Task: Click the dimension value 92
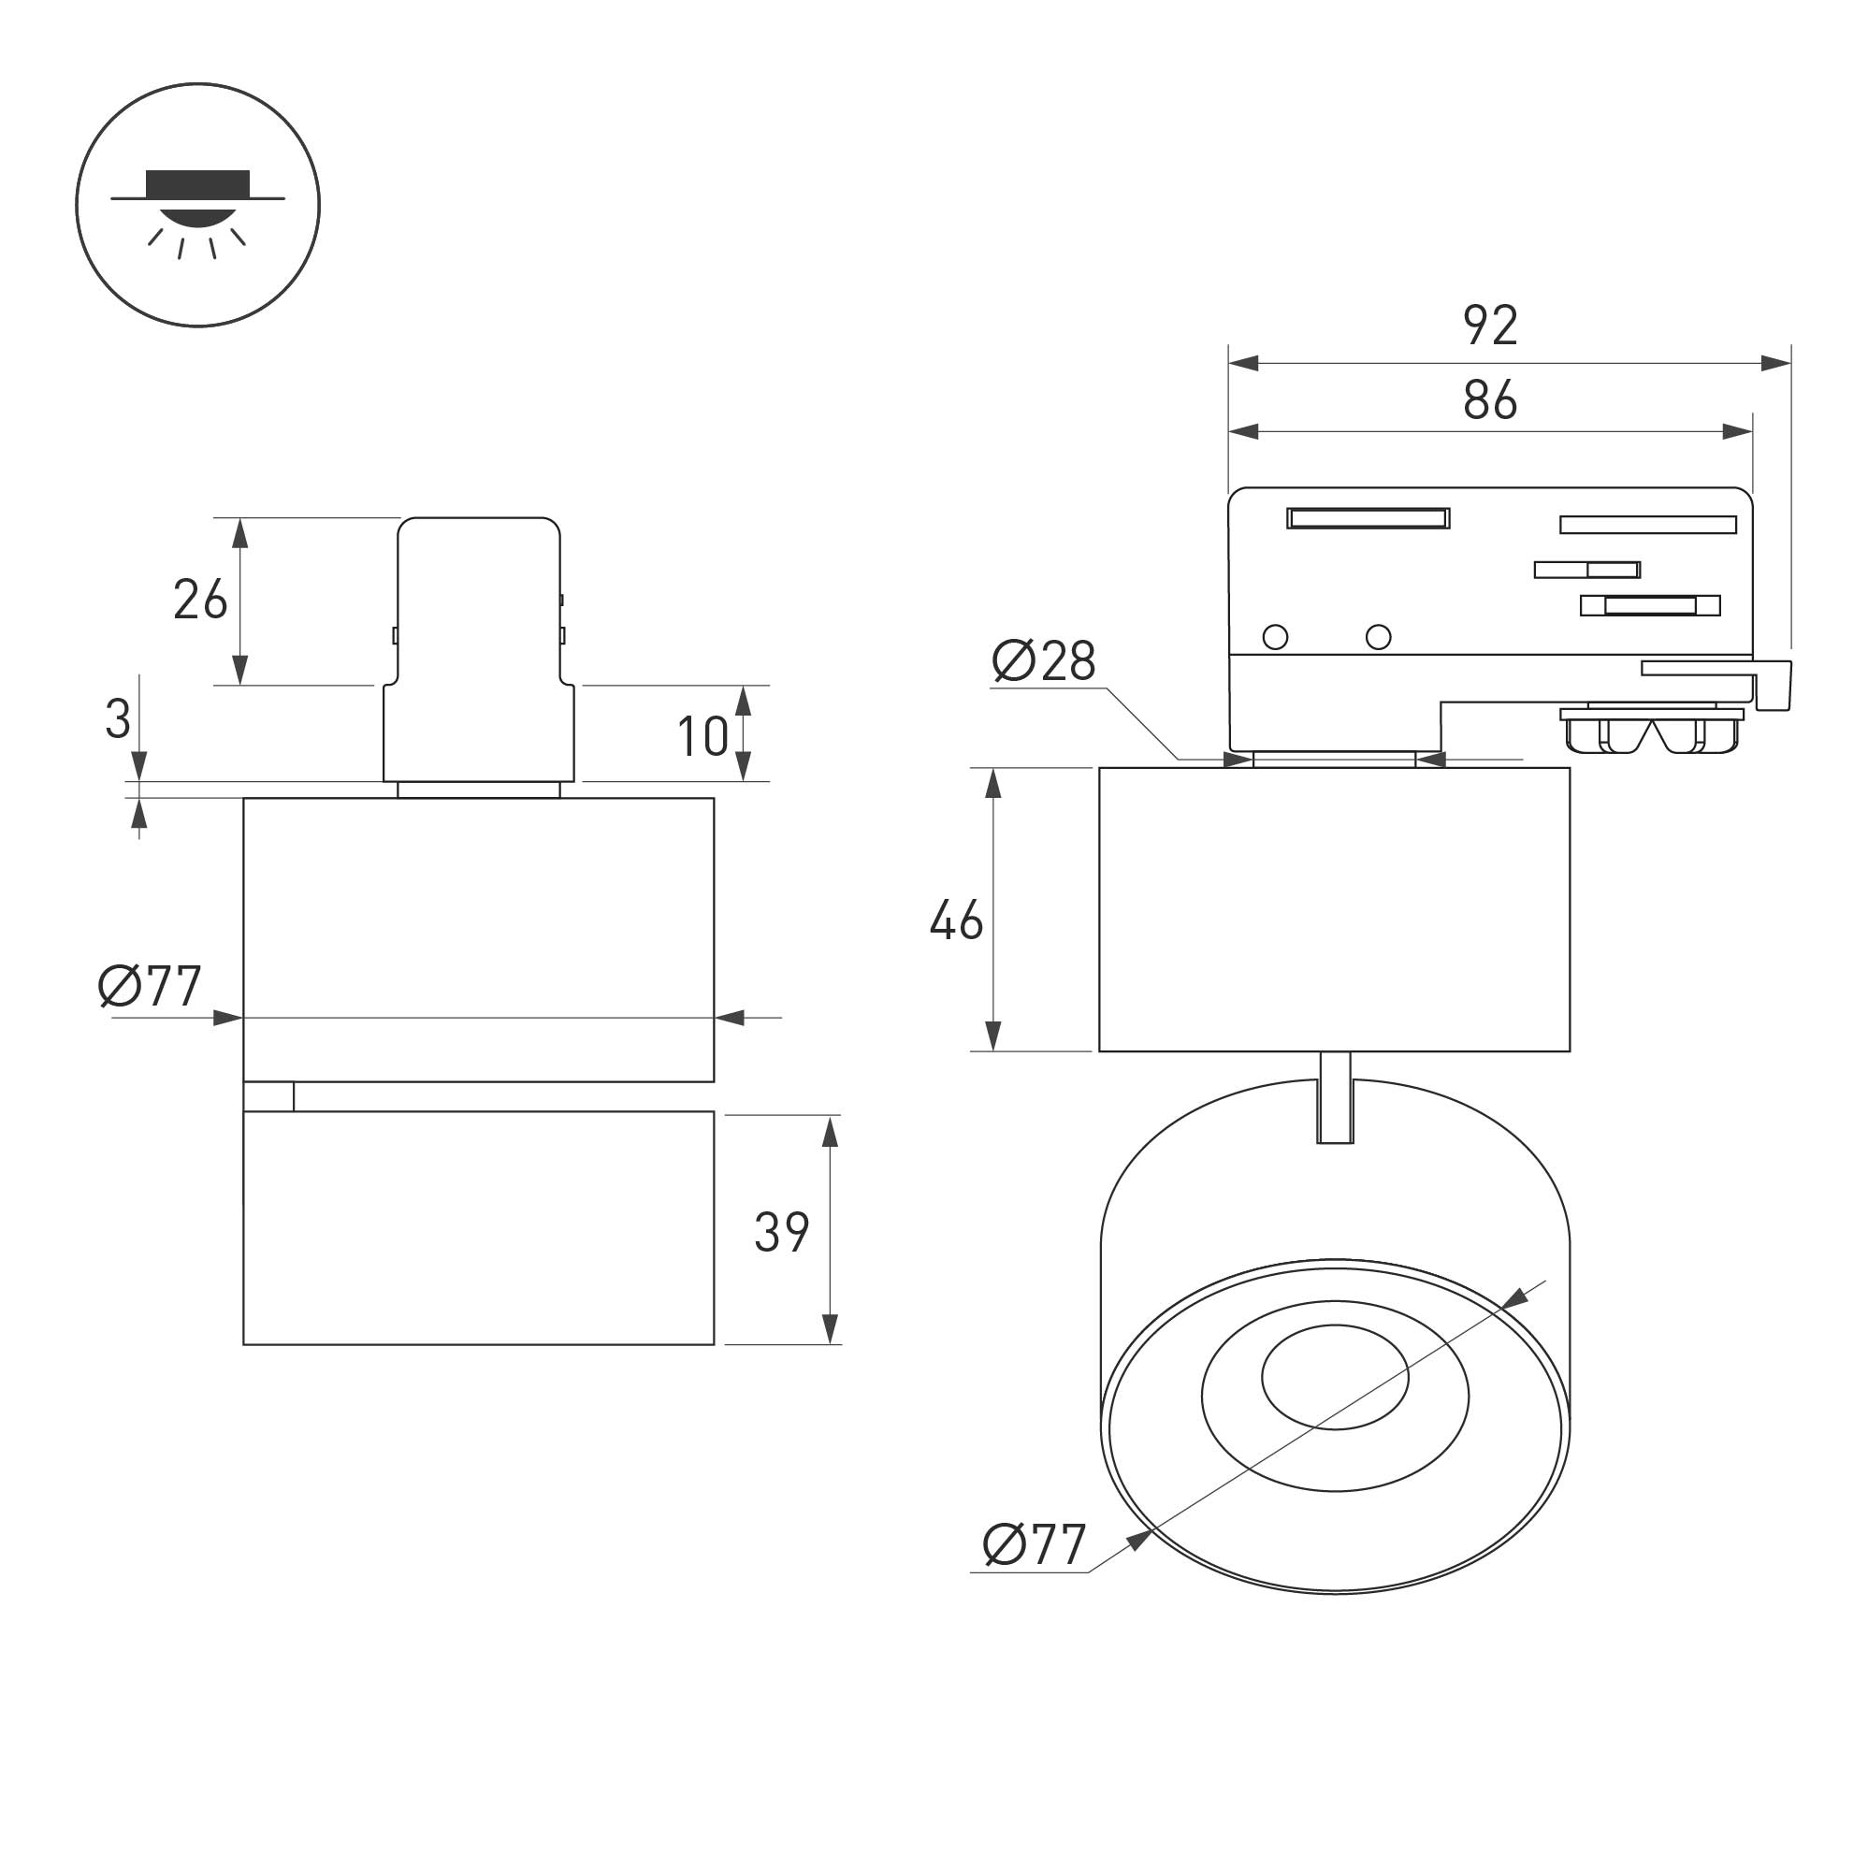tap(1490, 325)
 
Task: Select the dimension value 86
tap(1490, 399)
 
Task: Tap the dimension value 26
tap(200, 600)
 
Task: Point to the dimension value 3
tap(118, 719)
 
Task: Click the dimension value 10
tap(702, 737)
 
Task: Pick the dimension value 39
tap(781, 1233)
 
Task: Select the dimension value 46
tap(956, 920)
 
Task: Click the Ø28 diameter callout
tap(1044, 661)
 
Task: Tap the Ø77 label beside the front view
tap(150, 986)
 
